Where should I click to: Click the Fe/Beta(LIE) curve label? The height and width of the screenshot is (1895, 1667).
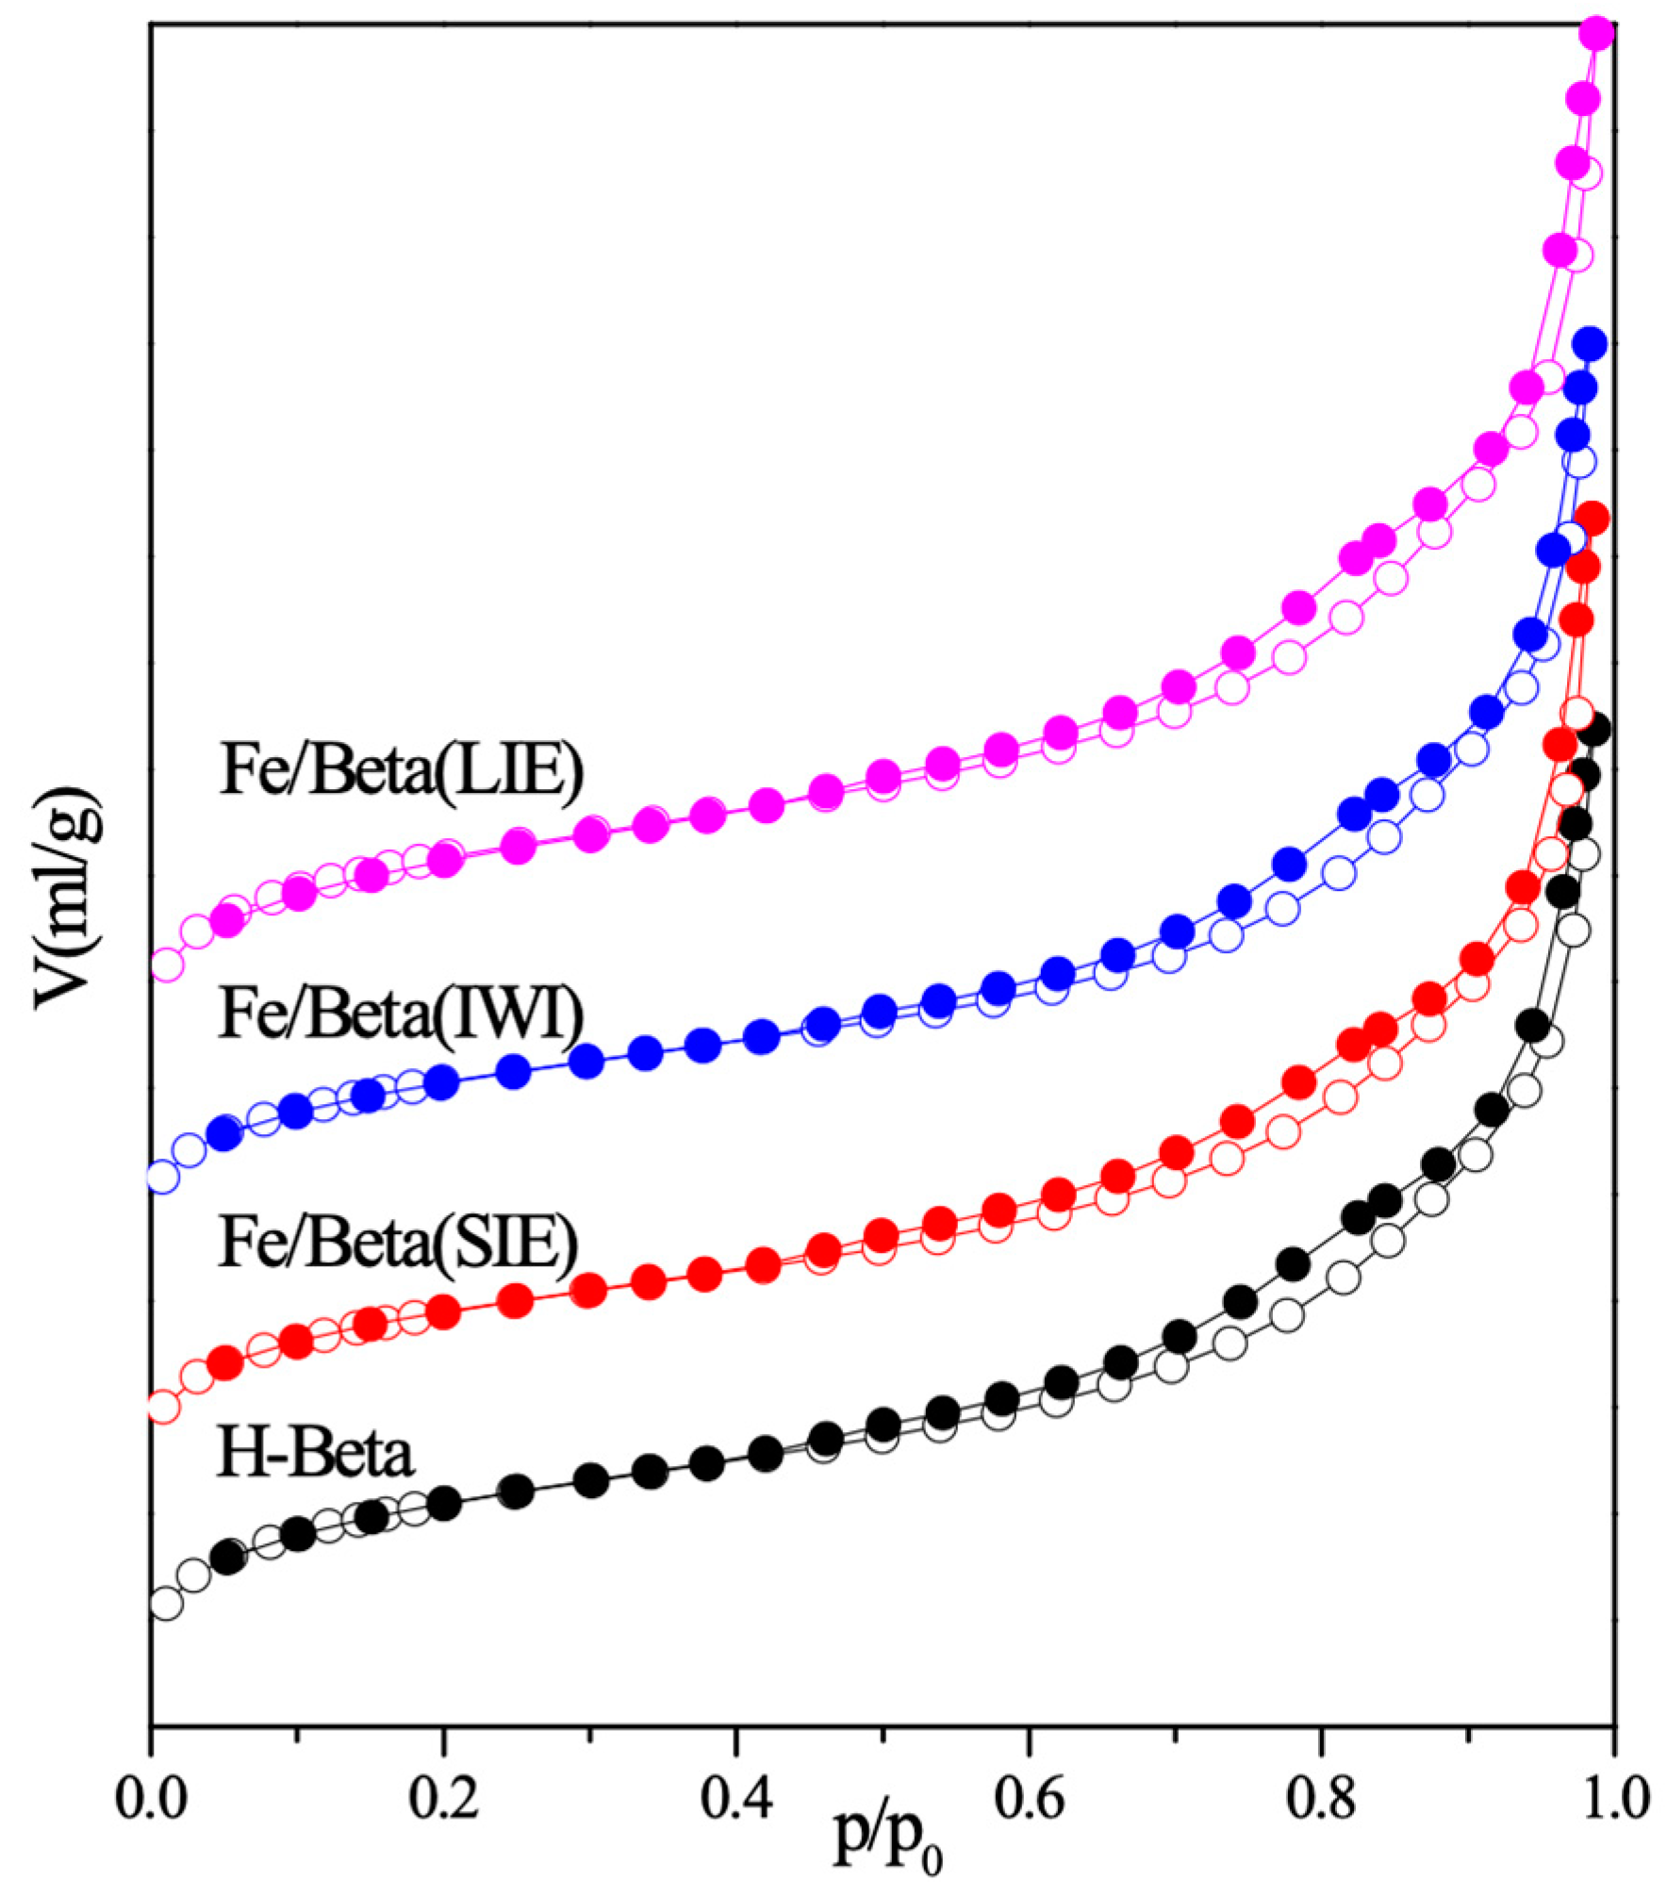(402, 770)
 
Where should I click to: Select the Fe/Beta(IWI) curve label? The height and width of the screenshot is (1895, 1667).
(402, 1014)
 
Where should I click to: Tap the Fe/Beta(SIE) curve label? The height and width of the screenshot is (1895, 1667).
(398, 1243)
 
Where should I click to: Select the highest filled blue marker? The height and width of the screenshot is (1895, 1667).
(1590, 344)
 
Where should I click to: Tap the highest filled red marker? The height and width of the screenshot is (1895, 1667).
(1592, 518)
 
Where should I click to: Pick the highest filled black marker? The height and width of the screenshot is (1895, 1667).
(1593, 731)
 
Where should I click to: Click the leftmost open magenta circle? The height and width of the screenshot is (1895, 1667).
(165, 964)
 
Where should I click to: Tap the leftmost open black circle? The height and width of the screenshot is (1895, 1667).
(164, 1603)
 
